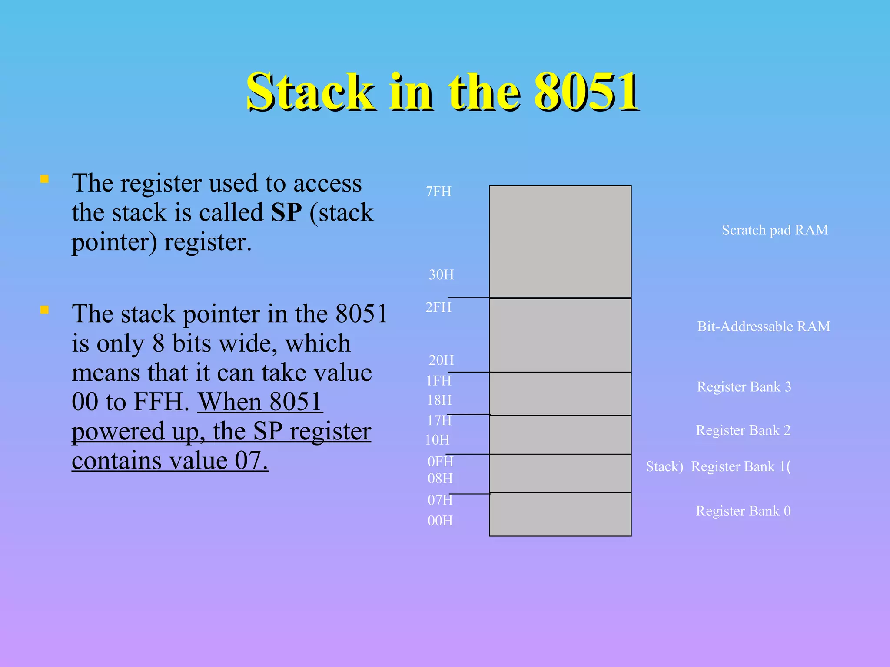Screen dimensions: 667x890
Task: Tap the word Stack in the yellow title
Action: click(310, 92)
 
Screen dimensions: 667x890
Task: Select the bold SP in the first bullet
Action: click(286, 212)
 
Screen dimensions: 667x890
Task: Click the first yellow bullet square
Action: click(44, 179)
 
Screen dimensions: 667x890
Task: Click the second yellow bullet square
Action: click(44, 310)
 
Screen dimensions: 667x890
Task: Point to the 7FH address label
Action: click(438, 192)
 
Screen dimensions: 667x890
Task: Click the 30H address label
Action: click(441, 274)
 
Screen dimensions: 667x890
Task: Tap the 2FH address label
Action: click(438, 307)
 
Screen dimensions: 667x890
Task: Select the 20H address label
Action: click(441, 360)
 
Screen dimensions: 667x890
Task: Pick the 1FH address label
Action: click(438, 381)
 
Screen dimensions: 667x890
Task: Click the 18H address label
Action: click(439, 400)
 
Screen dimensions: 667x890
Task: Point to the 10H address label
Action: click(437, 440)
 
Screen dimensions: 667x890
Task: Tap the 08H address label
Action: click(440, 479)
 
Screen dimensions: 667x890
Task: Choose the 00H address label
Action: click(440, 521)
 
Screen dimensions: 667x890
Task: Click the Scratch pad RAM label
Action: click(775, 230)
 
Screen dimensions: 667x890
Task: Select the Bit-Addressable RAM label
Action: click(764, 327)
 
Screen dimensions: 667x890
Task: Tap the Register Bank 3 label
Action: click(744, 387)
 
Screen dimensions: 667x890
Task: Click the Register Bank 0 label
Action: click(743, 511)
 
